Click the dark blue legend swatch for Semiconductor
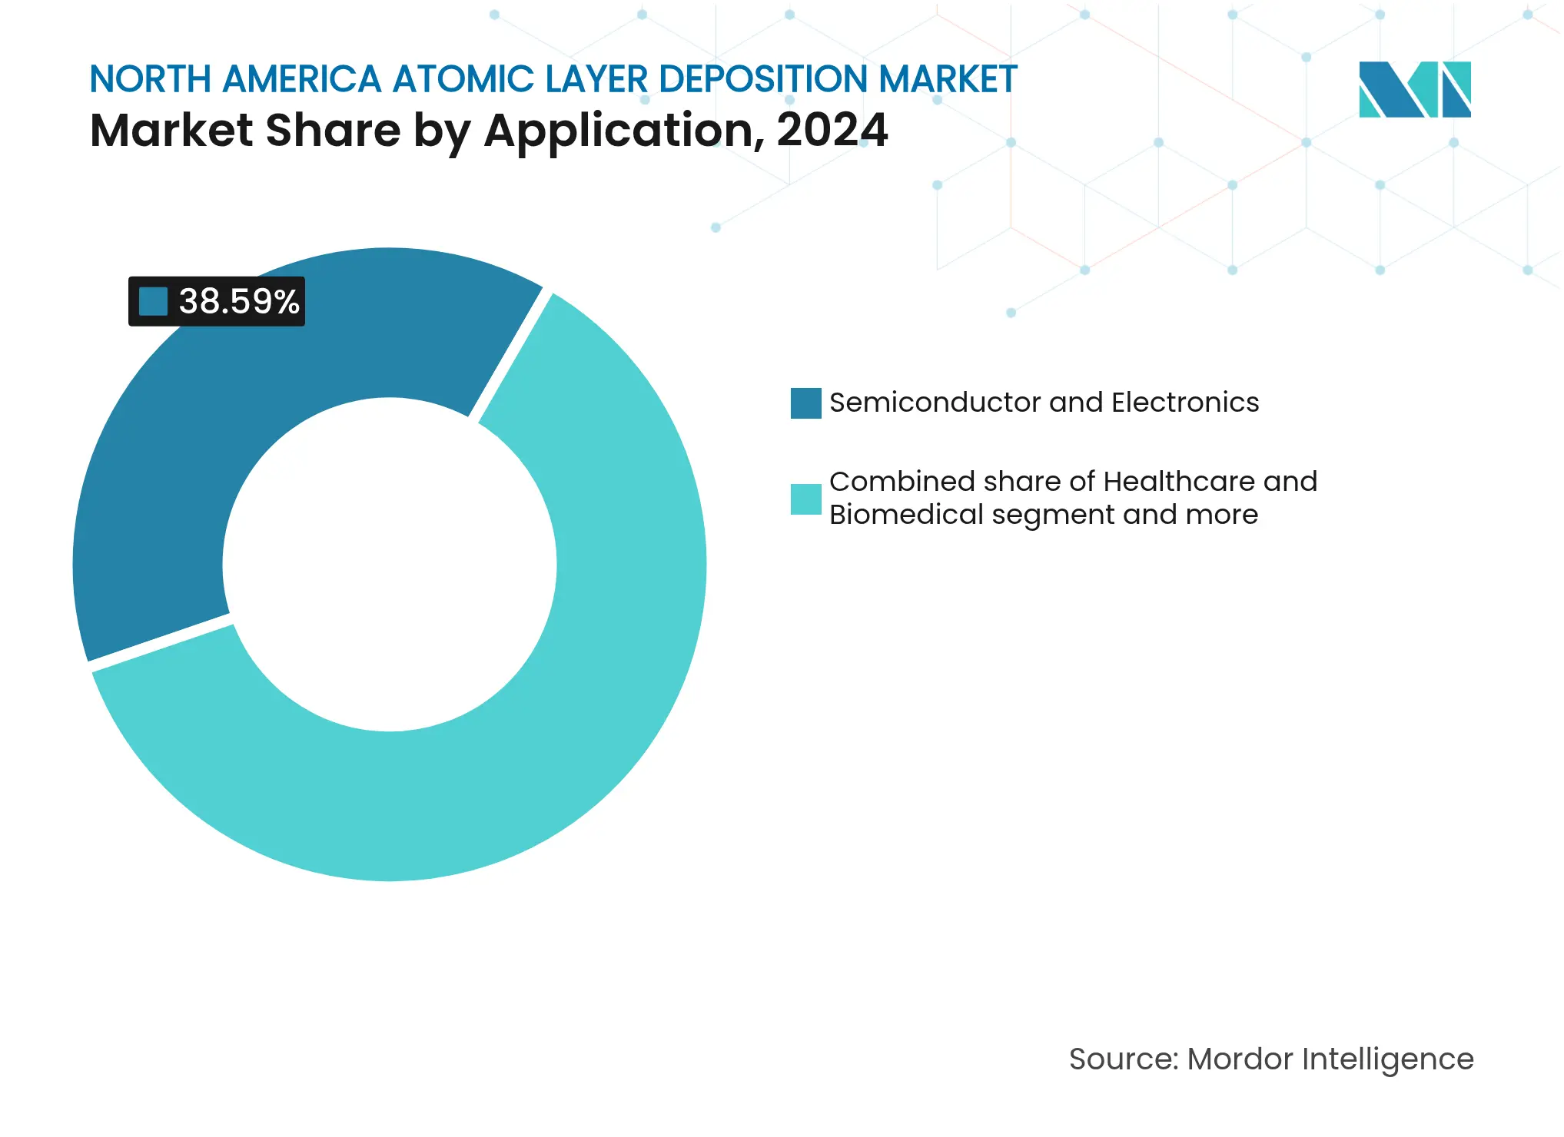pyautogui.click(x=805, y=403)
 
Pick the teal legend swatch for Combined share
pyautogui.click(x=805, y=499)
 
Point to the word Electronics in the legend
pyautogui.click(x=1185, y=403)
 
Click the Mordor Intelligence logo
pyautogui.click(x=1414, y=89)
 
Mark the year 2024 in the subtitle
pyautogui.click(x=832, y=130)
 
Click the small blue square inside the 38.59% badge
pyautogui.click(x=153, y=301)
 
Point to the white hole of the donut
pyautogui.click(x=390, y=565)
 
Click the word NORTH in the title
pyautogui.click(x=150, y=79)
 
